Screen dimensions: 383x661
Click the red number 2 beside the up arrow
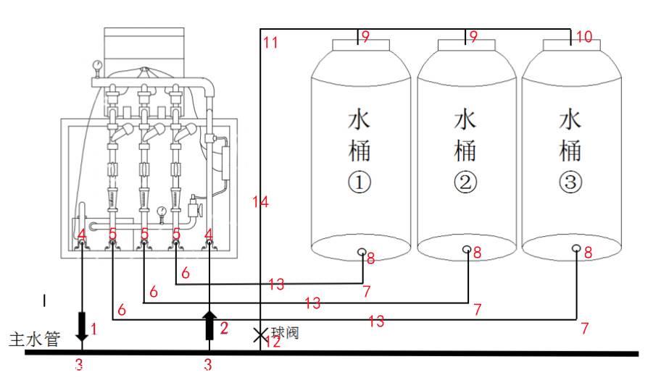click(224, 328)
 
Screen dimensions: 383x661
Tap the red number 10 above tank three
click(584, 36)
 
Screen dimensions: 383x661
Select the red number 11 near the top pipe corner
click(270, 43)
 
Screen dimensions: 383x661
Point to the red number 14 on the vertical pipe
click(261, 202)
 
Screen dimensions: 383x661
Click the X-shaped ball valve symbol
click(259, 335)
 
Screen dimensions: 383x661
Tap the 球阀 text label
click(285, 332)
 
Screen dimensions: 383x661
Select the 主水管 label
click(34, 339)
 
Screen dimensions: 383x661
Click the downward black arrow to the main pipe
click(82, 327)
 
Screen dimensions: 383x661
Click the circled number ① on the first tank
click(360, 184)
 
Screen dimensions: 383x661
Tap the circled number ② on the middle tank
click(465, 184)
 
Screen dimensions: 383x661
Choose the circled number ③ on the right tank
click(570, 184)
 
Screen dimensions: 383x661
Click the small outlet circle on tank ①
click(361, 251)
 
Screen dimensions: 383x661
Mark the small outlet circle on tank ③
click(575, 249)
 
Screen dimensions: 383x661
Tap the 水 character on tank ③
click(570, 119)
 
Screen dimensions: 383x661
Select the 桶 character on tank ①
click(360, 151)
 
